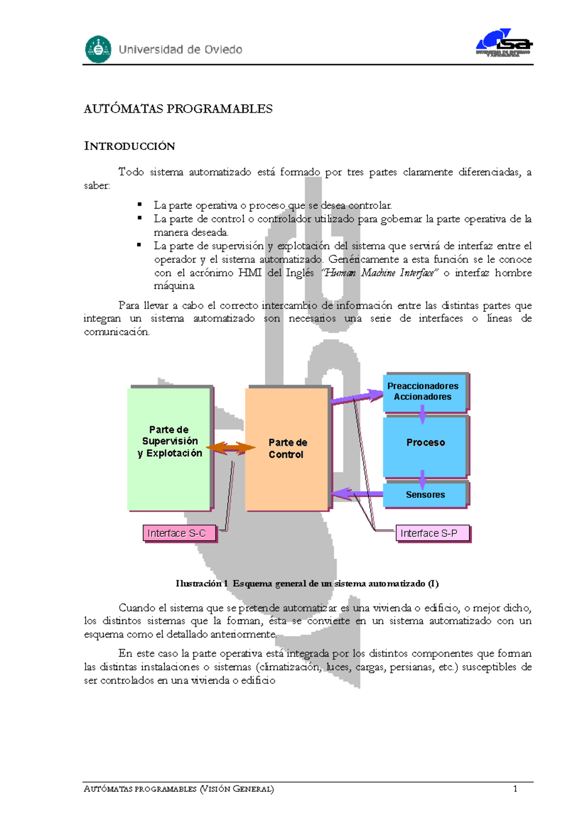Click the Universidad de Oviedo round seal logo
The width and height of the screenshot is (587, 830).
point(98,49)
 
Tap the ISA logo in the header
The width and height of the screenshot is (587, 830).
point(504,43)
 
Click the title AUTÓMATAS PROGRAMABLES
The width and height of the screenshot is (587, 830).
point(178,109)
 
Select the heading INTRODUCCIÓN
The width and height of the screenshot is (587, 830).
point(130,146)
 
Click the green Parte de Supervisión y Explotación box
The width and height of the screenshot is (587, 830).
point(170,448)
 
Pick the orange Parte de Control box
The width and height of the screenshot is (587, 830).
point(287,448)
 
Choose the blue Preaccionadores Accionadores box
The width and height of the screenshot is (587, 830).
point(424,392)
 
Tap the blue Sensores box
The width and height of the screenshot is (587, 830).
point(425,495)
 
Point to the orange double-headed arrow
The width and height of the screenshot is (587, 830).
point(230,448)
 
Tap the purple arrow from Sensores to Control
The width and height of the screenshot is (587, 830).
point(357,494)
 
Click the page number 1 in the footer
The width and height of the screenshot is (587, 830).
point(515,788)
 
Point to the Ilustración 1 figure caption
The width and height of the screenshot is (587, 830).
point(307,583)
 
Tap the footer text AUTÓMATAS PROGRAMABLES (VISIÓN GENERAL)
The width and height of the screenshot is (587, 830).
point(179,788)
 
